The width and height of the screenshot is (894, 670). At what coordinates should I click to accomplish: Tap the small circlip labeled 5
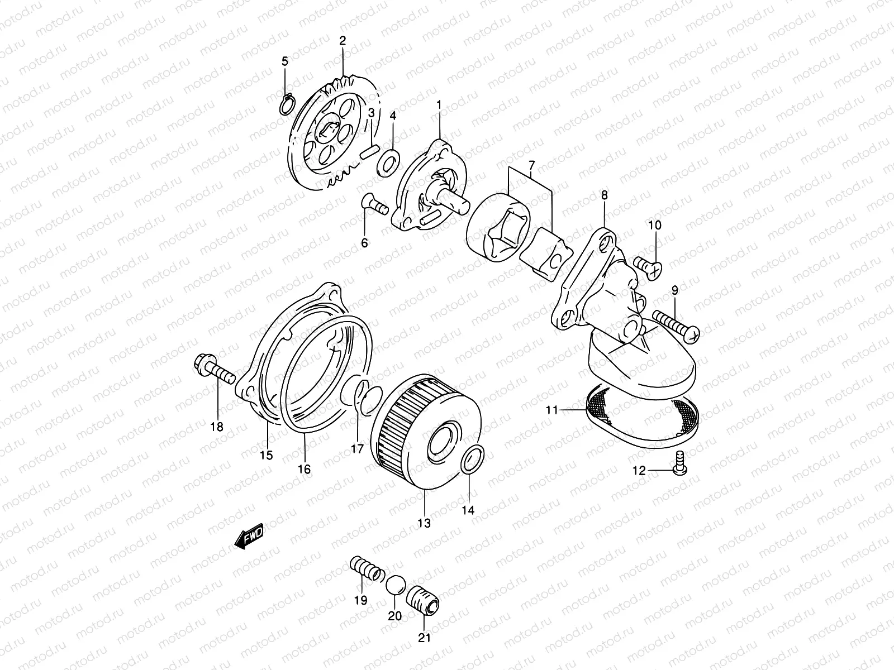286,104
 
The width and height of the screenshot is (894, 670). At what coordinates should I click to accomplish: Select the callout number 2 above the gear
343,40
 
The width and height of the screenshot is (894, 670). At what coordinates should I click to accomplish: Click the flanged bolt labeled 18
215,371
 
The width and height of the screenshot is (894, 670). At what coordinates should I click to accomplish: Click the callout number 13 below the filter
424,523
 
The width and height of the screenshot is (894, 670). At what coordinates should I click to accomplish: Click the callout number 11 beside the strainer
552,410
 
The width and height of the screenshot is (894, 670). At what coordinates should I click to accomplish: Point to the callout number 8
604,195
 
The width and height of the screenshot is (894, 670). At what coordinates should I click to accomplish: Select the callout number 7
531,165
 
